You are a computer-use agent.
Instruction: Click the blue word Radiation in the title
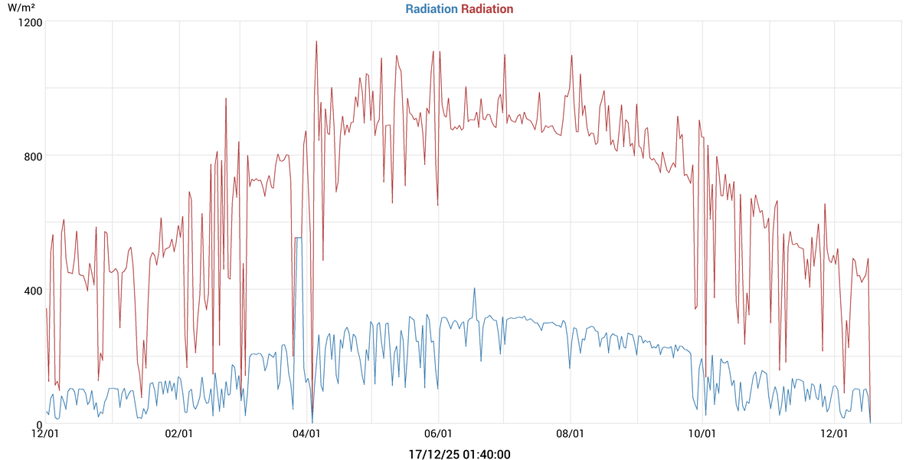coord(431,9)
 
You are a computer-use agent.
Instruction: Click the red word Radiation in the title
coord(487,9)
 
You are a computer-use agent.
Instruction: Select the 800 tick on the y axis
coord(31,156)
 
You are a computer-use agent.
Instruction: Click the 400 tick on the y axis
coord(31,290)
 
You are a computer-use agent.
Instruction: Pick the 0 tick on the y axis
coord(38,424)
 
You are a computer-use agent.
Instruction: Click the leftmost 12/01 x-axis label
coord(46,435)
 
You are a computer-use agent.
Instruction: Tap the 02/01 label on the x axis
coord(179,435)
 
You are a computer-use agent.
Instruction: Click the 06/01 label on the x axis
coord(439,435)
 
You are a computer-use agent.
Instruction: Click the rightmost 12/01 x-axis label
coord(834,435)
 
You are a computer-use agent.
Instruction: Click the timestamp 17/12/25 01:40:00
coord(459,454)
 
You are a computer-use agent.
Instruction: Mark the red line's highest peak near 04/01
coord(316,42)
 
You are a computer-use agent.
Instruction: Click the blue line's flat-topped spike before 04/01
coord(298,238)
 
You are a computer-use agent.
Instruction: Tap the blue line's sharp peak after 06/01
coord(474,289)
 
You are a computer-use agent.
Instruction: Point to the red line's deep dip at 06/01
coord(437,204)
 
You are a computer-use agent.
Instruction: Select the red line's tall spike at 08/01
coord(571,56)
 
